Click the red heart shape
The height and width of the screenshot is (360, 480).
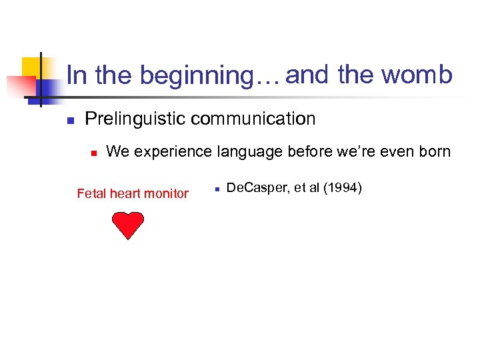(x=127, y=225)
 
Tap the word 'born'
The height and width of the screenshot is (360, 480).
(x=433, y=151)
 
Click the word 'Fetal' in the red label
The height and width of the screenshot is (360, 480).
(x=91, y=194)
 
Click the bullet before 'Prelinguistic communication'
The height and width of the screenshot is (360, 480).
(x=69, y=121)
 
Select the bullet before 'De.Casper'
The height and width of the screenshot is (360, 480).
(x=217, y=190)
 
